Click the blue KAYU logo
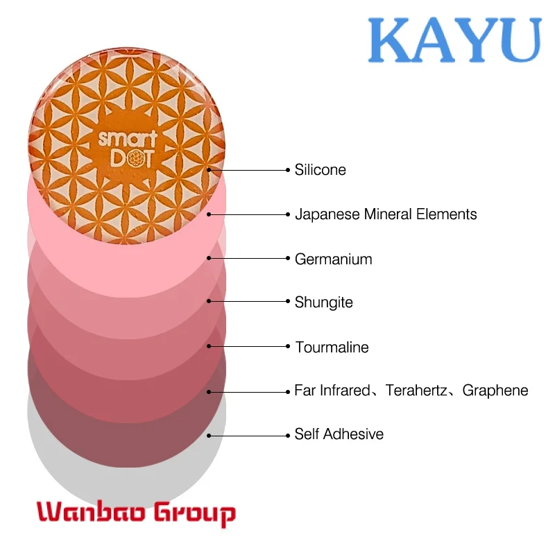point(455,40)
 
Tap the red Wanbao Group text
point(136,513)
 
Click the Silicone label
point(321,170)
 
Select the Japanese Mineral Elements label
point(386,214)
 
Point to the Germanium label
point(334,259)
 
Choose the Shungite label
point(324,302)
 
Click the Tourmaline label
point(332,348)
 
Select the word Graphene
point(495,391)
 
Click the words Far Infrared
point(332,391)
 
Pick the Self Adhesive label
point(339,434)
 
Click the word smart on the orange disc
point(128,139)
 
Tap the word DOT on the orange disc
point(132,159)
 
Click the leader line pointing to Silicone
point(249,170)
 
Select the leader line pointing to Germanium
point(248,258)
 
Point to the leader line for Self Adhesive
point(248,436)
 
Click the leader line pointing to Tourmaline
point(248,346)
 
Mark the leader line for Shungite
point(248,301)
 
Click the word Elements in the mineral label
point(446,214)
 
